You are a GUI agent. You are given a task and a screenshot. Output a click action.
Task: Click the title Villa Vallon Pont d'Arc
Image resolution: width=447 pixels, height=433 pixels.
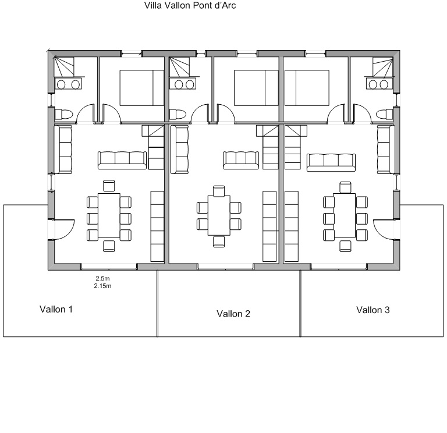[190, 5]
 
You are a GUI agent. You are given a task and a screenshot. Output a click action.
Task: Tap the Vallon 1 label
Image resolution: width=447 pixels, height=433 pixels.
[56, 309]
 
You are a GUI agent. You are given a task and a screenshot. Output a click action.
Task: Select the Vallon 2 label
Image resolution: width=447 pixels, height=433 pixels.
[233, 314]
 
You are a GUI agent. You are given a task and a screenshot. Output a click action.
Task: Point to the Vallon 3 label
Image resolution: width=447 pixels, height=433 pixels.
[373, 310]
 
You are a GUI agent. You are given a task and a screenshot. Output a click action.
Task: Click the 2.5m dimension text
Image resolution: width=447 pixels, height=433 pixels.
[102, 279]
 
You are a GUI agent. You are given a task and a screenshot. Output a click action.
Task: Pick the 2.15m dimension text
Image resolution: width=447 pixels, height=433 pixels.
[102, 286]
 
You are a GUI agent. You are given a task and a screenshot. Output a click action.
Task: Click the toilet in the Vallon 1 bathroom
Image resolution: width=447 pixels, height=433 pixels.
[63, 115]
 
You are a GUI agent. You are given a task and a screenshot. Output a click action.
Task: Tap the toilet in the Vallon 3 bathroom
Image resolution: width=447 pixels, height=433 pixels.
[385, 115]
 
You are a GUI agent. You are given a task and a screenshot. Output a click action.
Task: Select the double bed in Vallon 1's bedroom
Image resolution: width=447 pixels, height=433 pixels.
[141, 88]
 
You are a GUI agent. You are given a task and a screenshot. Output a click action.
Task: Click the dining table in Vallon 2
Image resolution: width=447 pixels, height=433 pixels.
[219, 215]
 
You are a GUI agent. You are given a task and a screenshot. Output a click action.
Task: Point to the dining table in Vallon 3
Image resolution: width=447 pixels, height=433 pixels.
[345, 215]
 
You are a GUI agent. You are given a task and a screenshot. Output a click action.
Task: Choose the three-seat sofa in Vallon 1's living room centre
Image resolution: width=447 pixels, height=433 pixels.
[122, 160]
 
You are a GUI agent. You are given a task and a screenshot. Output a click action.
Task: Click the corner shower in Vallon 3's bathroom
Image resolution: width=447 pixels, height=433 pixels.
[383, 67]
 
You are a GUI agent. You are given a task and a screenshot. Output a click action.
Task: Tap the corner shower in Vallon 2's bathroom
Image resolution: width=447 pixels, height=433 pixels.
[179, 67]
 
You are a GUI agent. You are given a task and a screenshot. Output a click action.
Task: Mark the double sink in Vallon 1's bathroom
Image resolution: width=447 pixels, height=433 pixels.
[68, 84]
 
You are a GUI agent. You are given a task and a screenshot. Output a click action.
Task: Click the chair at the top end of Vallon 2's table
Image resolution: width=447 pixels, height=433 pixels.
[219, 191]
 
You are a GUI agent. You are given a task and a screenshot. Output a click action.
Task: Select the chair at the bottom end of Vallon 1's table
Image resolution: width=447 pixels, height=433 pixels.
[109, 246]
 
